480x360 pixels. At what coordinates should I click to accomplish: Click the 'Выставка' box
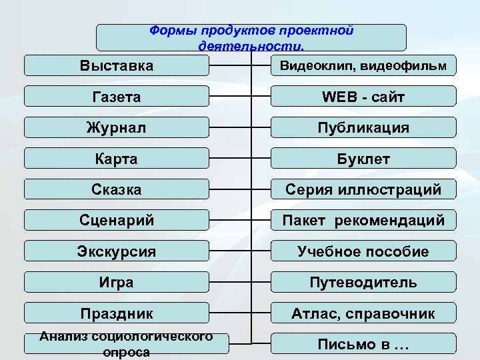click(x=117, y=66)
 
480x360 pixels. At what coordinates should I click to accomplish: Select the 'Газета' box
click(x=117, y=97)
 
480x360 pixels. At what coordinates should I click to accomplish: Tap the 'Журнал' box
click(x=117, y=127)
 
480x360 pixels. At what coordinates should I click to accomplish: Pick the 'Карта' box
click(x=117, y=159)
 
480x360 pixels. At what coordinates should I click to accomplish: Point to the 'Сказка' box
click(x=117, y=189)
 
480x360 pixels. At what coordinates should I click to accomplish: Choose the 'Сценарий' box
click(x=117, y=220)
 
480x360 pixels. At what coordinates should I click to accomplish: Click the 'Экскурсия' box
click(x=117, y=251)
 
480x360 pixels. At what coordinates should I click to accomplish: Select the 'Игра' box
click(x=117, y=282)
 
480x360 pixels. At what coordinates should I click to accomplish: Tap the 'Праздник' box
click(x=117, y=313)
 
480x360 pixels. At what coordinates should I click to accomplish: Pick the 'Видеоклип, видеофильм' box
click(x=363, y=66)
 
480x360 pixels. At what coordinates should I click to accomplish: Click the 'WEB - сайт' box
click(x=363, y=97)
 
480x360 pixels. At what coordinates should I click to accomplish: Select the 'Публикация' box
click(x=363, y=127)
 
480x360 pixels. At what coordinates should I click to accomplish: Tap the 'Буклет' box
click(x=363, y=159)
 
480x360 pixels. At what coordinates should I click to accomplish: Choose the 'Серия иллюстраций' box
click(x=363, y=189)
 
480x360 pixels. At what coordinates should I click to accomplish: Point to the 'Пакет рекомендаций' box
click(x=363, y=220)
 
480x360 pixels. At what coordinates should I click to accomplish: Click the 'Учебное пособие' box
click(x=363, y=251)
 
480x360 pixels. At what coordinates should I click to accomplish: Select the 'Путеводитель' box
click(x=363, y=282)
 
